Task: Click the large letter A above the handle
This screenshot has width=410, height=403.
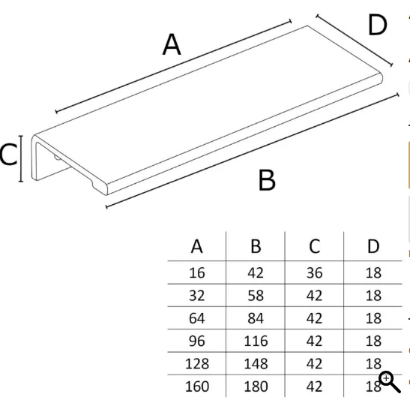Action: (172, 44)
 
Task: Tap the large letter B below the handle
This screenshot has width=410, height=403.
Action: (267, 180)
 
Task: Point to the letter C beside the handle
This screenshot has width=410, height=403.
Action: (8, 155)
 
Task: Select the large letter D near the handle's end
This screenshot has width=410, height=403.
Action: (377, 25)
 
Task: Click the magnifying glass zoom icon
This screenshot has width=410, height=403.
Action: (390, 382)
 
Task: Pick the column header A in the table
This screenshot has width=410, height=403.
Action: (196, 246)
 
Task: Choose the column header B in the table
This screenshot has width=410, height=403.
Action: (256, 246)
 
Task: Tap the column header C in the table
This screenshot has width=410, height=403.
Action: (314, 246)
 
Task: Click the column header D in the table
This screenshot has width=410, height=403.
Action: (373, 246)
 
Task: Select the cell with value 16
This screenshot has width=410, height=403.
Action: (197, 273)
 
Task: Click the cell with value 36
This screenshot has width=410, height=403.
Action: (315, 273)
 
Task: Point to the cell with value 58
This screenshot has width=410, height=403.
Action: (256, 296)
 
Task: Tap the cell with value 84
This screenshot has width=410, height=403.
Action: (256, 318)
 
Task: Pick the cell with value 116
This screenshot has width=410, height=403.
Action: (256, 341)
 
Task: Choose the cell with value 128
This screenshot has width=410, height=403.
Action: (197, 364)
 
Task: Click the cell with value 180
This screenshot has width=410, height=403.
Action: (256, 386)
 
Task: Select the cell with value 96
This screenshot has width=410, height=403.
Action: (197, 341)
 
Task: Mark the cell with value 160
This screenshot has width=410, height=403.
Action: (197, 386)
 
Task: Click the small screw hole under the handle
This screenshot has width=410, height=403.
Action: (57, 158)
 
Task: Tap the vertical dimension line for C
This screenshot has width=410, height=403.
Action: (21, 158)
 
